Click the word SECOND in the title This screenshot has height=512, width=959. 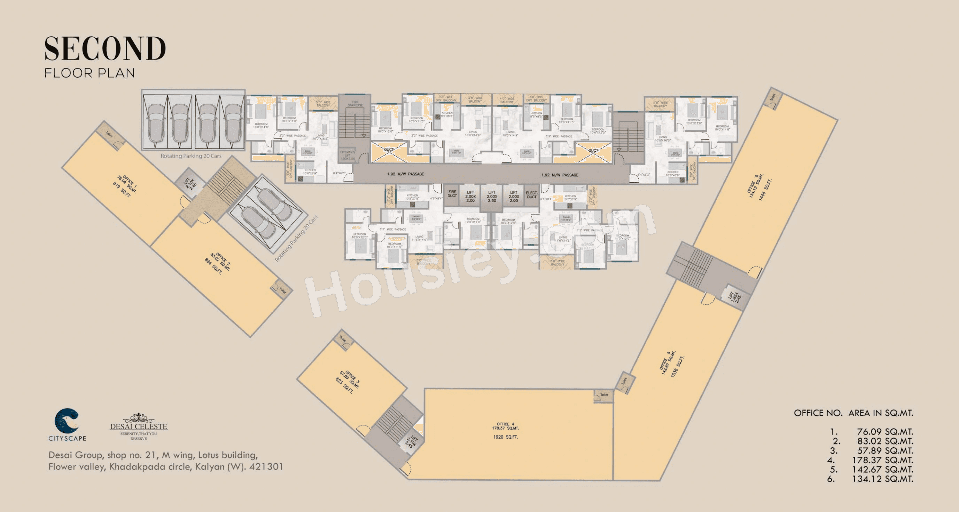point(105,49)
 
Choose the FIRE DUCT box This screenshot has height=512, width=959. point(452,194)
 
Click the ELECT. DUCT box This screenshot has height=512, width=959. point(531,195)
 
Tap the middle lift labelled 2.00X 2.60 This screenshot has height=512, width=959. point(492,197)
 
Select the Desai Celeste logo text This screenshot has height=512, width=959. point(139,426)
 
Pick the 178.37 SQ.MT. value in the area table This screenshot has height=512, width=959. point(883,460)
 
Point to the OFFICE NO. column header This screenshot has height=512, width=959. point(818,413)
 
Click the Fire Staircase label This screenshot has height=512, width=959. point(355,103)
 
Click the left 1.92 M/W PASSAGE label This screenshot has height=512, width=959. point(405,174)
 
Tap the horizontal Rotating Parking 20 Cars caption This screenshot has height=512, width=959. point(190,156)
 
